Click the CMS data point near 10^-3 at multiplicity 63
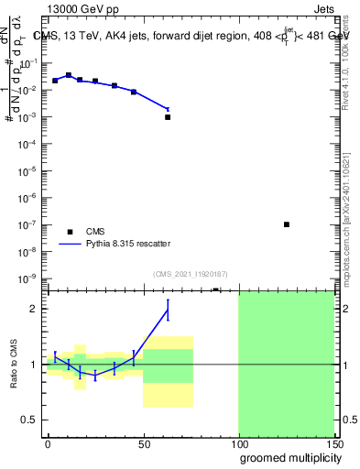[168, 117]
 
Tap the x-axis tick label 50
[143, 442]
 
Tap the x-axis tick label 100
[238, 442]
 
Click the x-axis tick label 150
[333, 442]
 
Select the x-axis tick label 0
[48, 442]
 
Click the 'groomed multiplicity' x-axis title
[288, 457]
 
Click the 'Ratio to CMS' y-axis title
[15, 364]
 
